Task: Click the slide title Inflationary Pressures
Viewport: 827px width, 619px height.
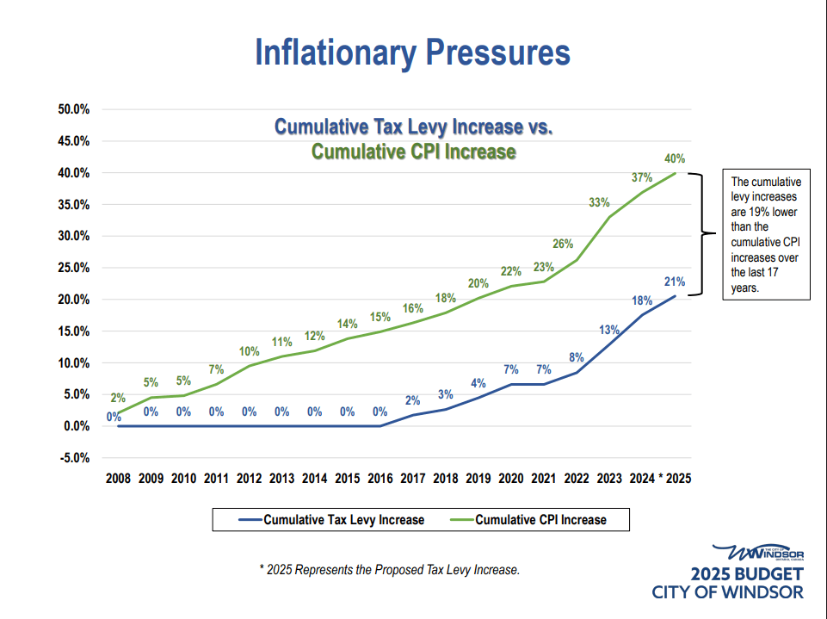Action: [x=412, y=53]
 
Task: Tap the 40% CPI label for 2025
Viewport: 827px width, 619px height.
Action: [x=675, y=158]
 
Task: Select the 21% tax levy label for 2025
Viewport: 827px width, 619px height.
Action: [x=675, y=282]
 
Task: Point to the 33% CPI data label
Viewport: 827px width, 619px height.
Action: [x=599, y=203]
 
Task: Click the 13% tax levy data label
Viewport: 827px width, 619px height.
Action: [x=609, y=330]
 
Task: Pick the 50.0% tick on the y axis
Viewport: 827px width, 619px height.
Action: [x=74, y=109]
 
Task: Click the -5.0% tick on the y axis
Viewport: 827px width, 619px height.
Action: [x=74, y=458]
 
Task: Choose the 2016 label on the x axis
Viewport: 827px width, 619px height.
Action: [x=380, y=478]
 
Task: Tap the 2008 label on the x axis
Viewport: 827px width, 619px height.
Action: [x=118, y=478]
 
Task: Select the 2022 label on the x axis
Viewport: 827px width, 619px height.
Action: [x=577, y=478]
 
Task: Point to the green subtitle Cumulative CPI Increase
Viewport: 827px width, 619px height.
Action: [x=413, y=152]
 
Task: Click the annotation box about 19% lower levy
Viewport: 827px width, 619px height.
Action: [x=766, y=235]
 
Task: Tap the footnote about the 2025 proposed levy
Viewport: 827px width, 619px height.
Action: [x=390, y=570]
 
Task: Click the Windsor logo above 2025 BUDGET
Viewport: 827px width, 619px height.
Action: [x=757, y=552]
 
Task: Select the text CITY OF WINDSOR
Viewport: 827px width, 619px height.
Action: [x=728, y=592]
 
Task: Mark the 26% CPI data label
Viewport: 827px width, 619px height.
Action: [x=563, y=244]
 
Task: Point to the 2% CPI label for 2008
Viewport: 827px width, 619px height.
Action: [x=118, y=398]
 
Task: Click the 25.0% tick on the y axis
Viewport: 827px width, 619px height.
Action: [x=74, y=268]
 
